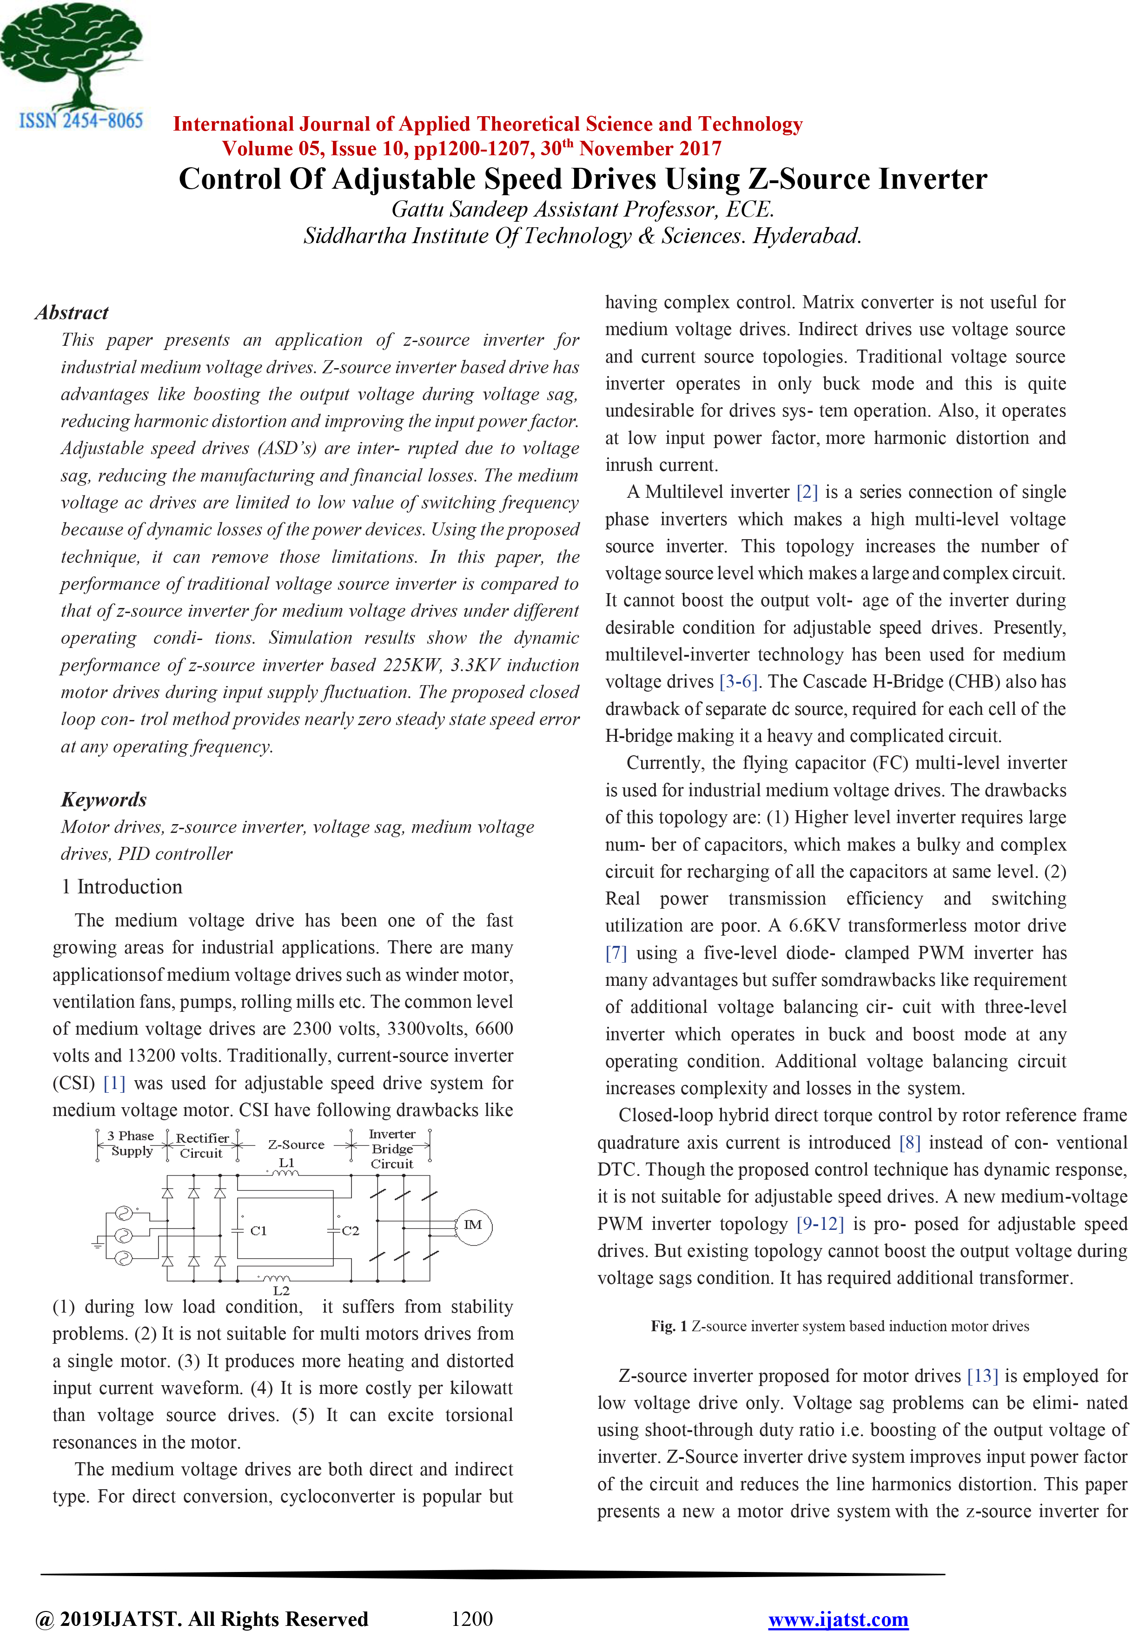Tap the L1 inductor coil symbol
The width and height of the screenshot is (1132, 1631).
click(286, 1173)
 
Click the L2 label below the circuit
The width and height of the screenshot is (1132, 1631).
click(281, 1290)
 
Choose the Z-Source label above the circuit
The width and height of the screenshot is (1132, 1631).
click(296, 1144)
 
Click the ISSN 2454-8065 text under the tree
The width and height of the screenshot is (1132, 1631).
click(81, 120)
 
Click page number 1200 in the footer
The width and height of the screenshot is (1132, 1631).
click(472, 1619)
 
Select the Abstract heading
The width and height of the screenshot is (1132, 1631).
click(72, 313)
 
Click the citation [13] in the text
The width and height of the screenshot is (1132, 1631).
click(982, 1376)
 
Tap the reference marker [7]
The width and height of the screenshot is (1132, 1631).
click(616, 953)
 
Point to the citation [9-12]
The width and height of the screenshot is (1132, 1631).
click(820, 1224)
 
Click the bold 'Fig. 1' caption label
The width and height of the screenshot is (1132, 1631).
click(668, 1326)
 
